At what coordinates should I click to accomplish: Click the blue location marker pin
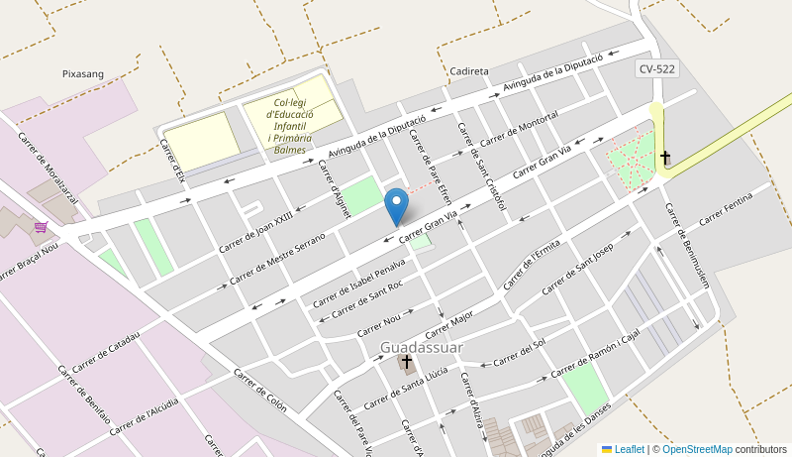coord(396,206)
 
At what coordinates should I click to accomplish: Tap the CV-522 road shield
coord(656,68)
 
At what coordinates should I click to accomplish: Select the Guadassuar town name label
coord(421,346)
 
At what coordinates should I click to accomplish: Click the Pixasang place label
coord(83,73)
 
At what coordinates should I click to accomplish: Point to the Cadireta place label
coord(468,71)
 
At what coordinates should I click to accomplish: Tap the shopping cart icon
coord(41,227)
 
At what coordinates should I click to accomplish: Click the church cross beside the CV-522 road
coord(665,158)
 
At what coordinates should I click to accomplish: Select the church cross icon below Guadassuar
coord(406,363)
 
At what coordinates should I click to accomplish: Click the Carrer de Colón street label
coord(260,390)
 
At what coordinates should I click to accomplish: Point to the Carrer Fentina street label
coord(726,208)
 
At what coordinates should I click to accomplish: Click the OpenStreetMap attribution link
coord(697,449)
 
